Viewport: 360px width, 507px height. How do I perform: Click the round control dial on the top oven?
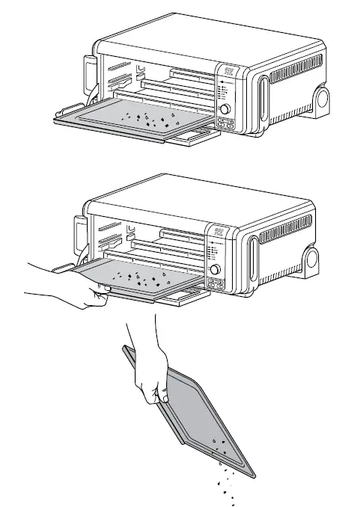tap(225, 109)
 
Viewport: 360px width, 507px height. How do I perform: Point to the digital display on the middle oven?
tap(216, 234)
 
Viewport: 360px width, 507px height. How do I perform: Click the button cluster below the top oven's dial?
tap(225, 125)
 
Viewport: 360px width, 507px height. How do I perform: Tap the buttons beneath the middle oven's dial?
tap(215, 285)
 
